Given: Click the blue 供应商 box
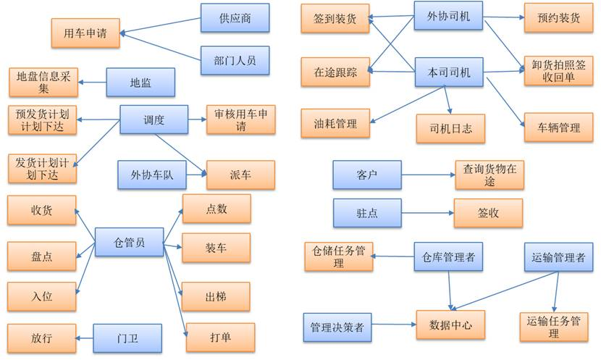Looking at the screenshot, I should point(235,18).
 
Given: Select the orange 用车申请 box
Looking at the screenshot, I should point(85,33).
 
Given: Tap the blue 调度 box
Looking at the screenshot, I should point(154,120).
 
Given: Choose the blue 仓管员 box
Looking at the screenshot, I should point(129,242).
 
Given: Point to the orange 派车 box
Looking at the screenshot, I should point(240,175).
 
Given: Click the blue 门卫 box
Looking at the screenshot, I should point(127,338).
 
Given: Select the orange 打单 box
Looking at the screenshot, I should point(220,337).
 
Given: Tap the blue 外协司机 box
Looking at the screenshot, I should point(449,16).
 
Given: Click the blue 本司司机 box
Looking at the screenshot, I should point(449,72).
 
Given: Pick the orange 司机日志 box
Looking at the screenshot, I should point(450,129).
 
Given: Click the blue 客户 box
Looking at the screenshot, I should point(367,175).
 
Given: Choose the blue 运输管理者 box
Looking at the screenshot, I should point(558,257).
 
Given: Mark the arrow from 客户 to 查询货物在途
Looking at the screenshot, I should point(427,175).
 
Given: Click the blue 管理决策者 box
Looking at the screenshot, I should point(337,327).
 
